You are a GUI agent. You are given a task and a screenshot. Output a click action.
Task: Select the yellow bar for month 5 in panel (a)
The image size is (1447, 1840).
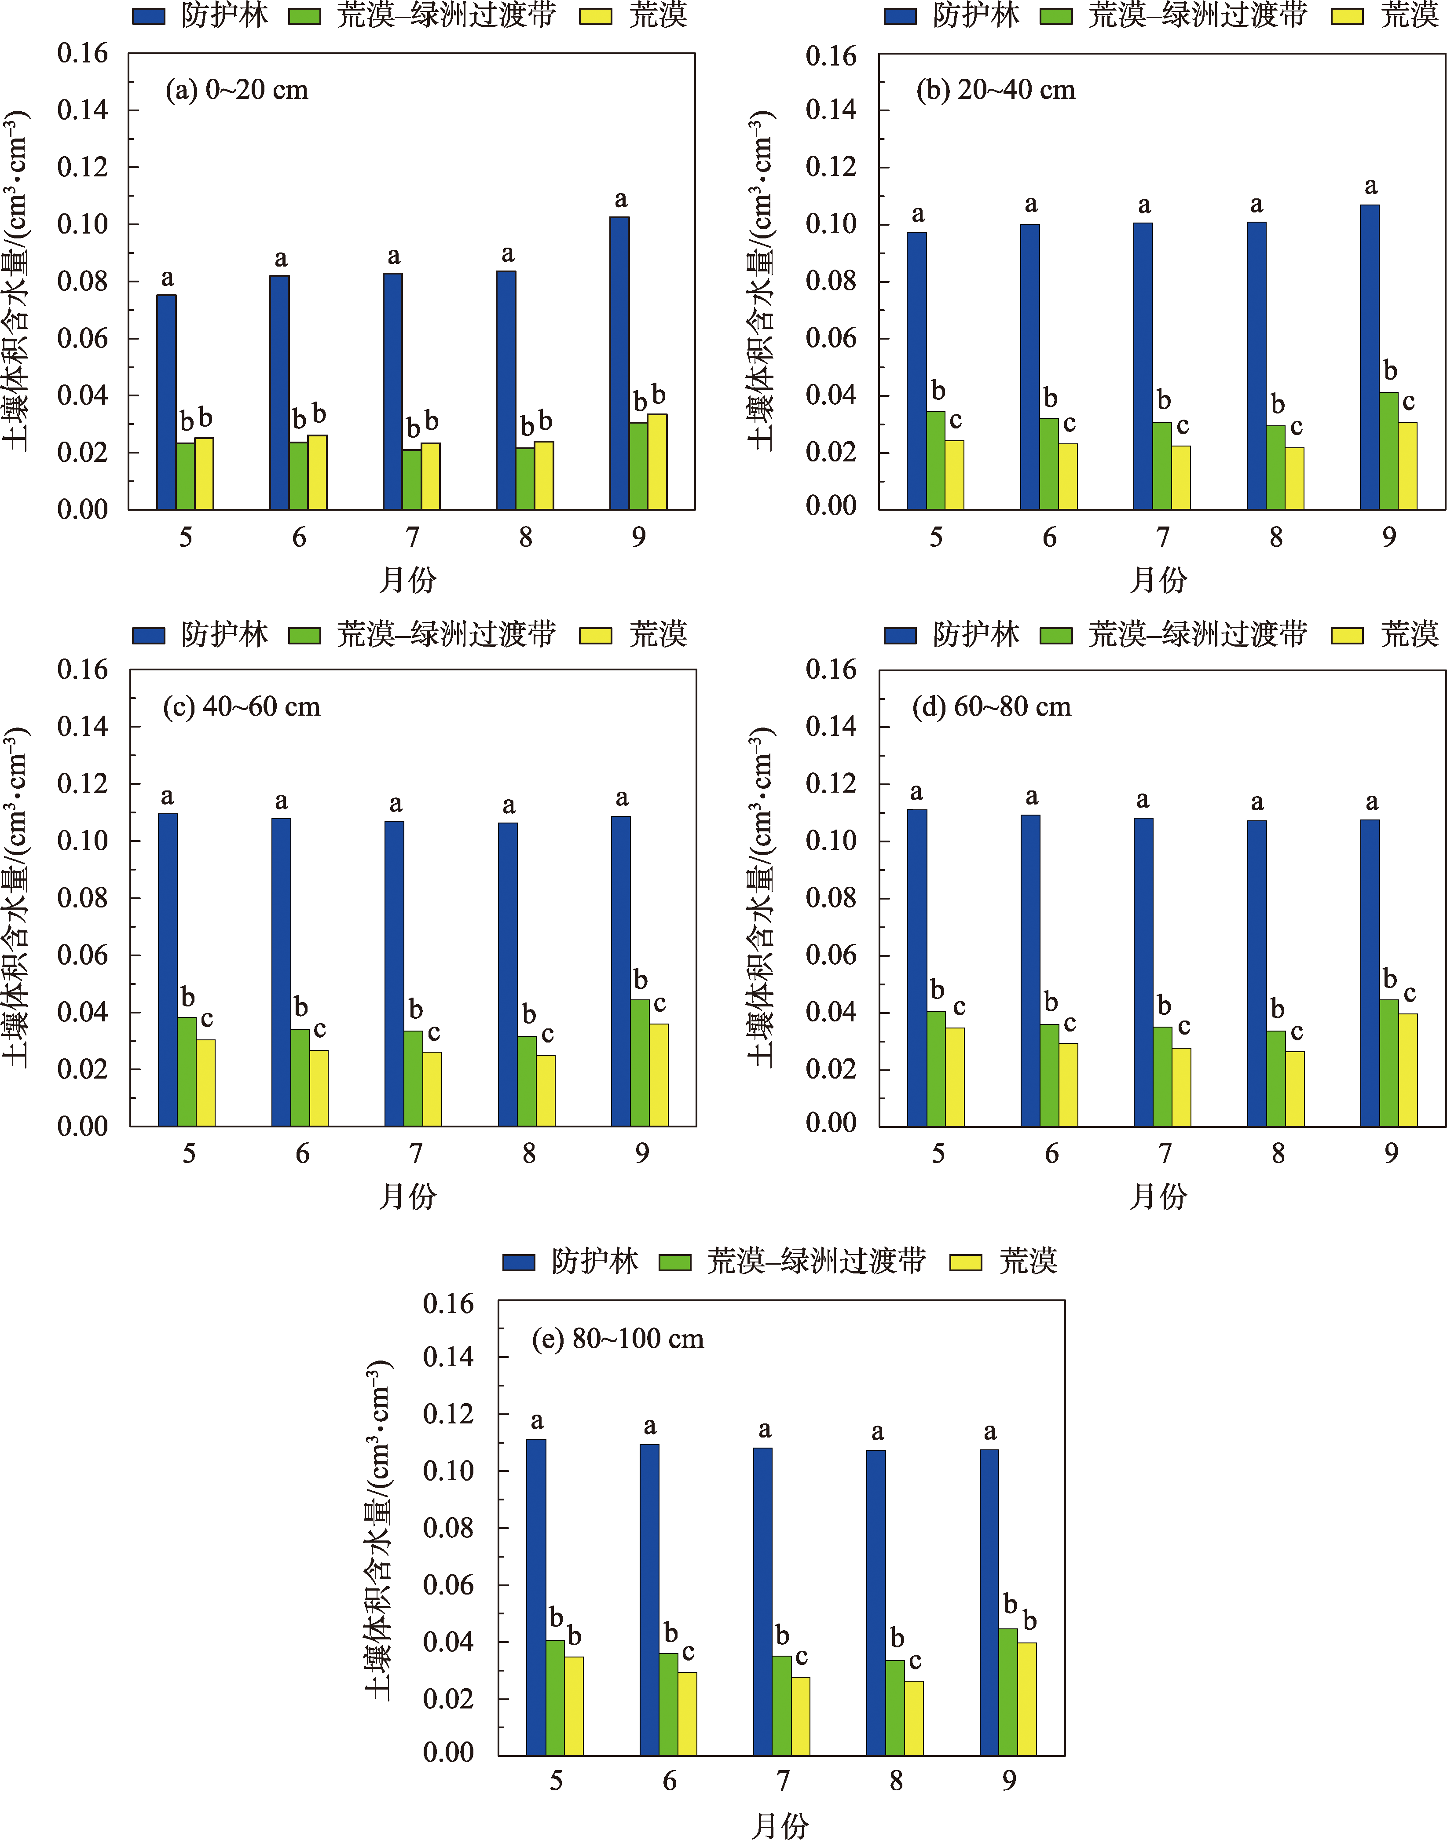[204, 474]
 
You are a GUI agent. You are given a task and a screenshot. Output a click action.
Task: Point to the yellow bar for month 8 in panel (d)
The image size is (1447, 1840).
[1294, 1089]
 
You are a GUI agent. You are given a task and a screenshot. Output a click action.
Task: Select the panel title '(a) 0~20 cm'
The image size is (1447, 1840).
[236, 90]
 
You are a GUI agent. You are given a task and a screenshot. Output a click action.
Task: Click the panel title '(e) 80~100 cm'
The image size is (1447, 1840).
[618, 1339]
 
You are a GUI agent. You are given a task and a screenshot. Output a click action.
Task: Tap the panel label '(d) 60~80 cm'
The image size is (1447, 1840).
[991, 706]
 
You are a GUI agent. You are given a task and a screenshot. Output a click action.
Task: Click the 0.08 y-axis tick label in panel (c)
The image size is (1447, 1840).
[82, 898]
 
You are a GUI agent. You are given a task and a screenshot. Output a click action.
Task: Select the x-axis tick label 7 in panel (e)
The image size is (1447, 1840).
[783, 1781]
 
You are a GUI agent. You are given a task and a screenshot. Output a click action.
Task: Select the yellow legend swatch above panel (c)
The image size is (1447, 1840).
[596, 635]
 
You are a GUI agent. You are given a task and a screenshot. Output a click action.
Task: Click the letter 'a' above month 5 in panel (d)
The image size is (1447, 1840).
[916, 793]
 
